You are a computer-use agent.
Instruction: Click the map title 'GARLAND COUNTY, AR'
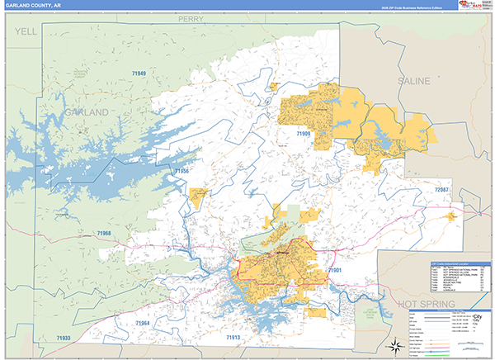coord(32,5)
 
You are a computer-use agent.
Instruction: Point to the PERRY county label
coord(190,18)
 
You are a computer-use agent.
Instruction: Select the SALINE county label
coord(414,82)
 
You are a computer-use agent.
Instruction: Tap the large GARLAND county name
coord(86,111)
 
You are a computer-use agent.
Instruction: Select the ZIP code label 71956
coord(181,171)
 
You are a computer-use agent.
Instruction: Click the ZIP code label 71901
coord(334,270)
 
